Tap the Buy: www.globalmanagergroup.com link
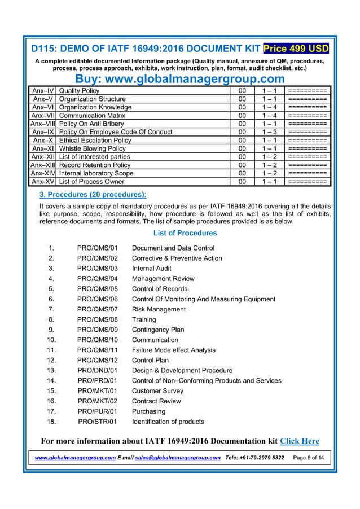[x=180, y=78]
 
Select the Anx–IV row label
[x=43, y=91]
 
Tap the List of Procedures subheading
[x=185, y=233]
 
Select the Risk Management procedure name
[x=159, y=309]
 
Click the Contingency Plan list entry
[x=158, y=330]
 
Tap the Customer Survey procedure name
[x=159, y=391]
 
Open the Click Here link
[x=300, y=441]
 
